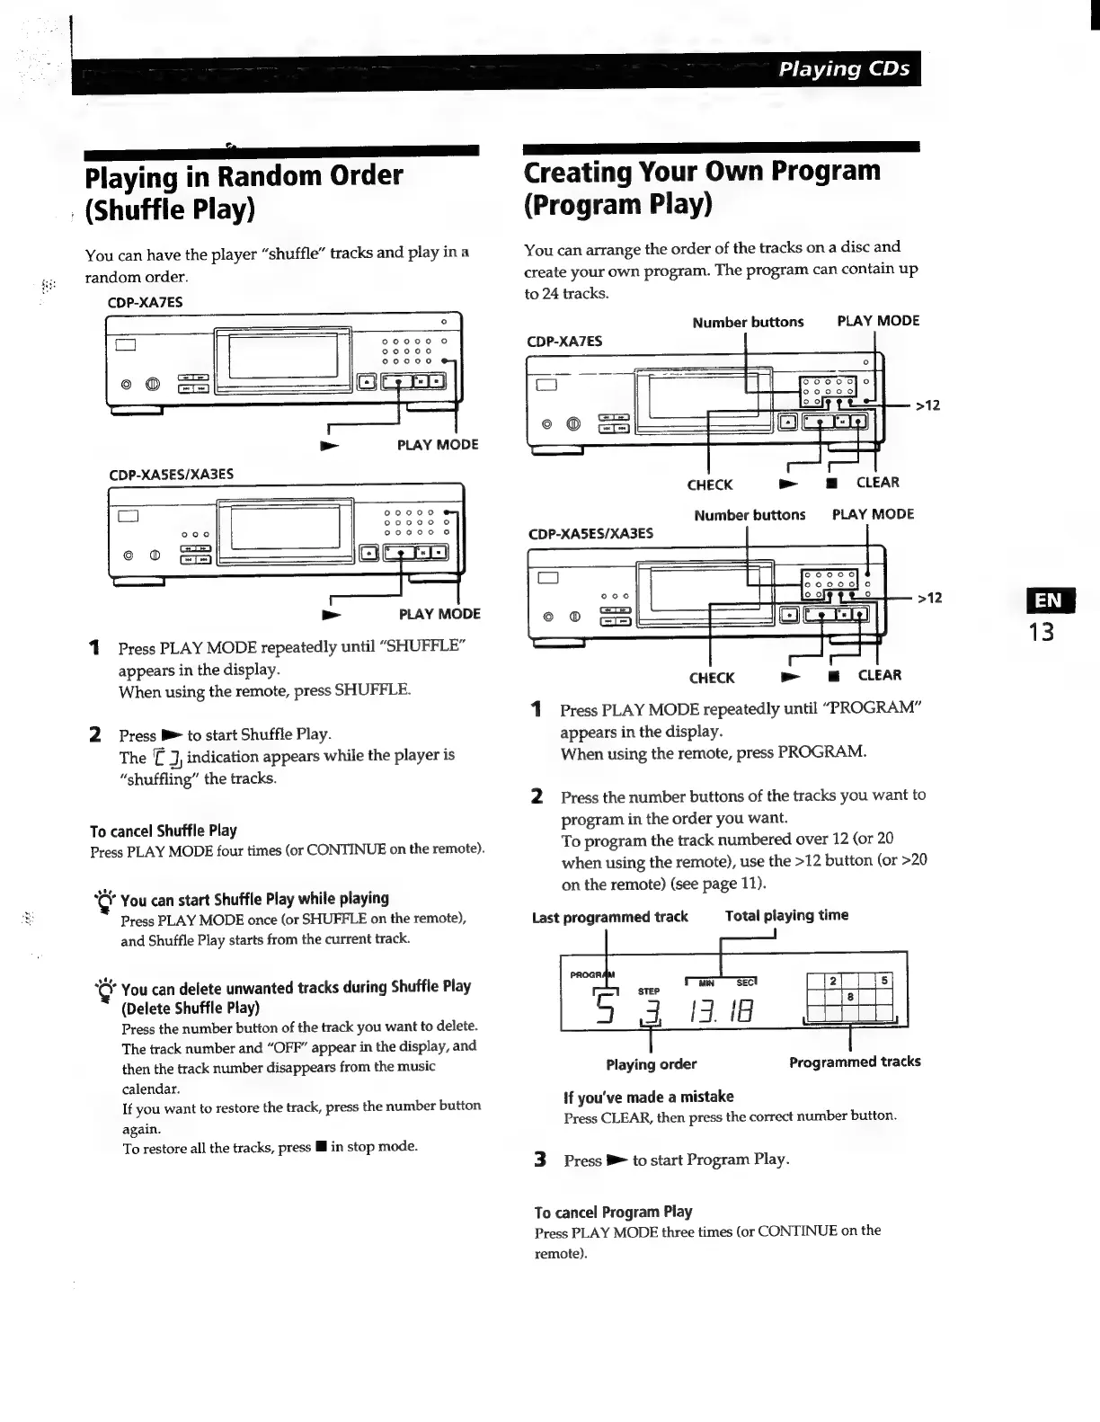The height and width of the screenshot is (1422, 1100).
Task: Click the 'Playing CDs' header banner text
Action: (x=844, y=69)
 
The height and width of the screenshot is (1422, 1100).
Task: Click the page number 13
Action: (x=1042, y=632)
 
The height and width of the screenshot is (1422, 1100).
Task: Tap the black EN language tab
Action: (x=1042, y=600)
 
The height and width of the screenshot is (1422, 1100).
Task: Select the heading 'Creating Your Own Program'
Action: (x=702, y=171)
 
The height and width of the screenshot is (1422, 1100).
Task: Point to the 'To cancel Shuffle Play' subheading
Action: (x=163, y=831)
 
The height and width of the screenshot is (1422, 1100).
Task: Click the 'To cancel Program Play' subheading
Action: (x=613, y=1211)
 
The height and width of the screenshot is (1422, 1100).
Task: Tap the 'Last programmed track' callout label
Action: (x=609, y=917)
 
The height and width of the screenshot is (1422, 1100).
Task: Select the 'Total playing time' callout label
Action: (x=786, y=915)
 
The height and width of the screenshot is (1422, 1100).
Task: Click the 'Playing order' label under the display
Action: (x=651, y=1064)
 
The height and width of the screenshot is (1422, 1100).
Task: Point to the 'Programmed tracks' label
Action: (x=854, y=1062)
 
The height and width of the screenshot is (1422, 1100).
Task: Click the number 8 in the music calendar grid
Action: (x=850, y=996)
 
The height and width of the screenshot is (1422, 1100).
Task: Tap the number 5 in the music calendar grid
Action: (x=884, y=981)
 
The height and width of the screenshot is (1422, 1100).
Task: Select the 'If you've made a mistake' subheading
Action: (x=648, y=1097)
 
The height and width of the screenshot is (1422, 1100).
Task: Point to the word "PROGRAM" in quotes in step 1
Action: (x=873, y=708)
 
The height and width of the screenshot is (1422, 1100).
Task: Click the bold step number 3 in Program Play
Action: (x=540, y=1160)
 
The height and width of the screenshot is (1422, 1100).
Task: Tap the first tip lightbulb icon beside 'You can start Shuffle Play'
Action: (x=106, y=900)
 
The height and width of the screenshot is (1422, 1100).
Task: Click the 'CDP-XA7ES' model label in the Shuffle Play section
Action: (x=145, y=302)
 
